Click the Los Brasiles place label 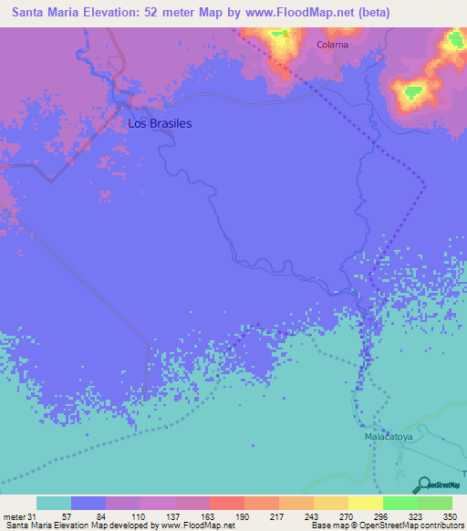click(x=160, y=123)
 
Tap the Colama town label click(x=332, y=44)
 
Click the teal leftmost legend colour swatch click(x=54, y=503)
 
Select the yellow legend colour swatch click(x=365, y=503)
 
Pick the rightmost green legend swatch click(x=434, y=503)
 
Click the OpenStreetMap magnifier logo click(x=423, y=485)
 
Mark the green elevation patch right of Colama click(x=413, y=91)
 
